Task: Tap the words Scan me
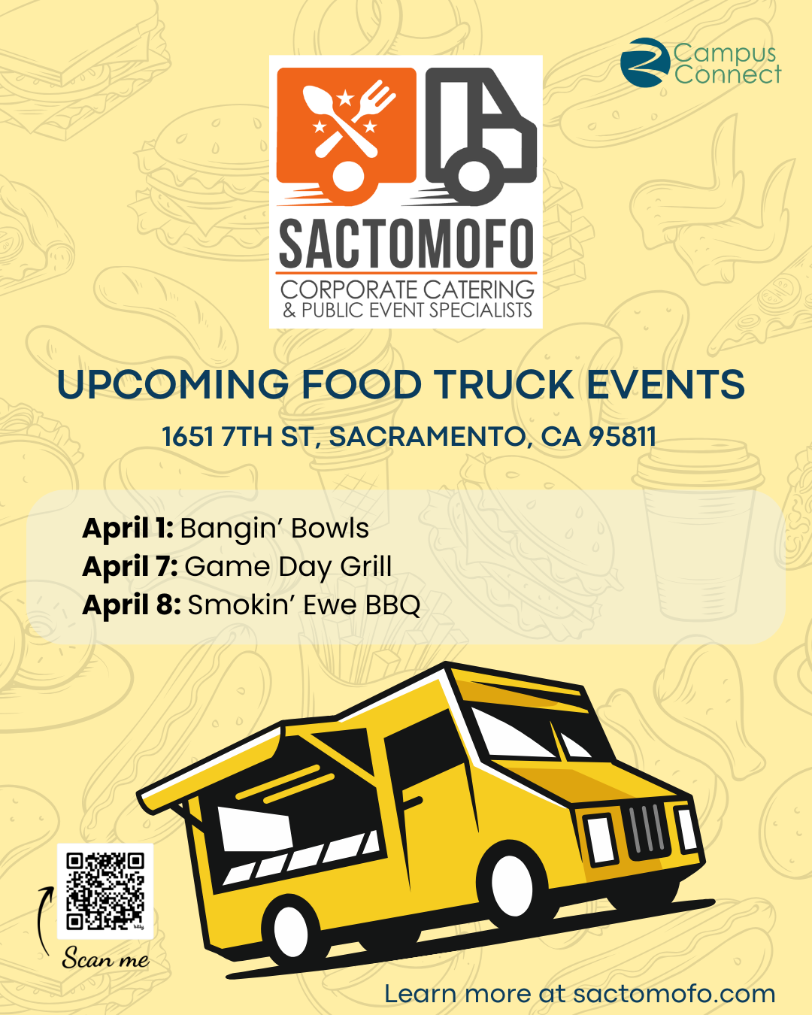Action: pos(106,958)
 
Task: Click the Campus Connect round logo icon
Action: pos(645,62)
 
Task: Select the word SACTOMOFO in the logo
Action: pos(406,244)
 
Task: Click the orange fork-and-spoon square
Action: pos(347,135)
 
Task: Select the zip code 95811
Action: pos(623,436)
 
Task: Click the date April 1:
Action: pos(128,529)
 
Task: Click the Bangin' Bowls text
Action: pos(274,529)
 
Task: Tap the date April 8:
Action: pos(131,604)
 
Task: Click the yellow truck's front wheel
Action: pos(512,886)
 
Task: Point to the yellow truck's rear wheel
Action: pos(291,930)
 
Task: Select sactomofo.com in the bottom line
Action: pos(674,993)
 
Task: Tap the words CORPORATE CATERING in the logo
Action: pos(408,289)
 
